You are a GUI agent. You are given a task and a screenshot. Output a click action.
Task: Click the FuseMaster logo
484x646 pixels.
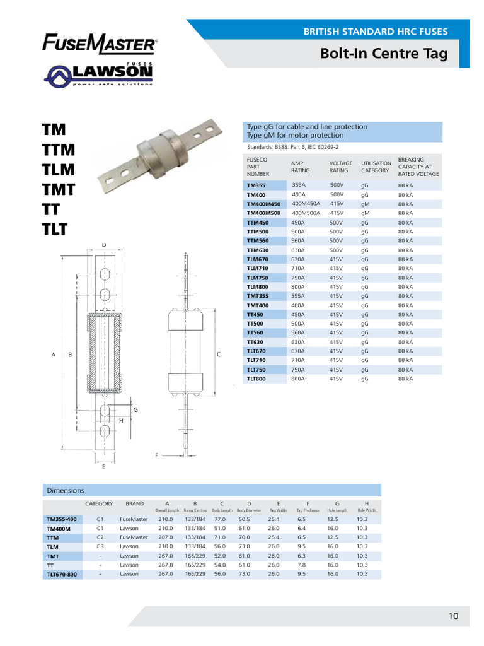[x=100, y=45]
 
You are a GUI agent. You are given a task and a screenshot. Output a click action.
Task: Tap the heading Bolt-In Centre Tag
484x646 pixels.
[x=384, y=54]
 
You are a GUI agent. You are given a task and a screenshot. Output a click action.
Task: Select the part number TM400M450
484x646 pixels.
[x=263, y=204]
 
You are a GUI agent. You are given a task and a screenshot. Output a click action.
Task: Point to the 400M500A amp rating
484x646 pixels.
[x=306, y=213]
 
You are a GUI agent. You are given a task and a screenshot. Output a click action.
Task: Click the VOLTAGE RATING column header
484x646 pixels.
[x=341, y=167]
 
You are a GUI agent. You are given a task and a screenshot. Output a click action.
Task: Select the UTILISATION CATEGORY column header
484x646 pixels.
[x=376, y=167]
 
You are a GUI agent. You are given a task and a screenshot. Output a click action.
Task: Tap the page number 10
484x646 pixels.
[x=454, y=616]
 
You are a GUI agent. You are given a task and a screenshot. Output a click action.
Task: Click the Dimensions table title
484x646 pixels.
[x=66, y=490]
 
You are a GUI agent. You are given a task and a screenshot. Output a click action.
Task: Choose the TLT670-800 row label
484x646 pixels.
[x=62, y=575]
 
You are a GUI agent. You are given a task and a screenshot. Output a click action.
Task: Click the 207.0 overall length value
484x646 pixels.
[x=166, y=537]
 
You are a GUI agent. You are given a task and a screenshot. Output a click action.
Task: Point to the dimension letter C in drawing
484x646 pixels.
[x=218, y=355]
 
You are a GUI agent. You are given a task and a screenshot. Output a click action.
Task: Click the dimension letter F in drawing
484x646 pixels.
[x=157, y=454]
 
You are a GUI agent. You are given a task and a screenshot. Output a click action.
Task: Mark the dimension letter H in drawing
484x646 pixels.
[x=120, y=420]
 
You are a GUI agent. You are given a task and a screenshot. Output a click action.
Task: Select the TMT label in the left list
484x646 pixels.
[x=59, y=189]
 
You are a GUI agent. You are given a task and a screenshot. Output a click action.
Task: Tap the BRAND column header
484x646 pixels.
[x=135, y=503]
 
